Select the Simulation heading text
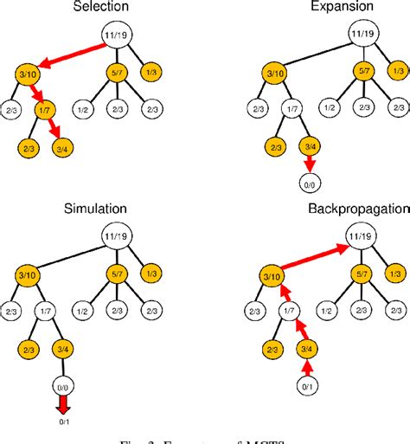pos(96,209)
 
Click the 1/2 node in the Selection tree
pos(85,109)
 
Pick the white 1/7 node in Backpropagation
pos(285,309)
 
